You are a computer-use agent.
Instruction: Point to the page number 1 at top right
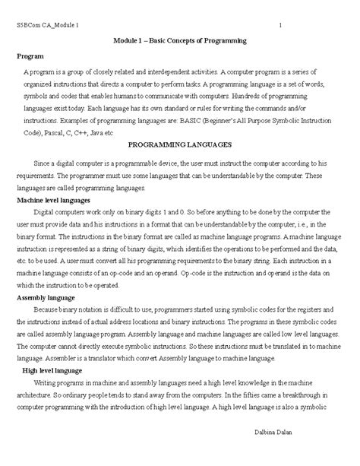(281, 25)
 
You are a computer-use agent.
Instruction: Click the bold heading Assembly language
(45, 298)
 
